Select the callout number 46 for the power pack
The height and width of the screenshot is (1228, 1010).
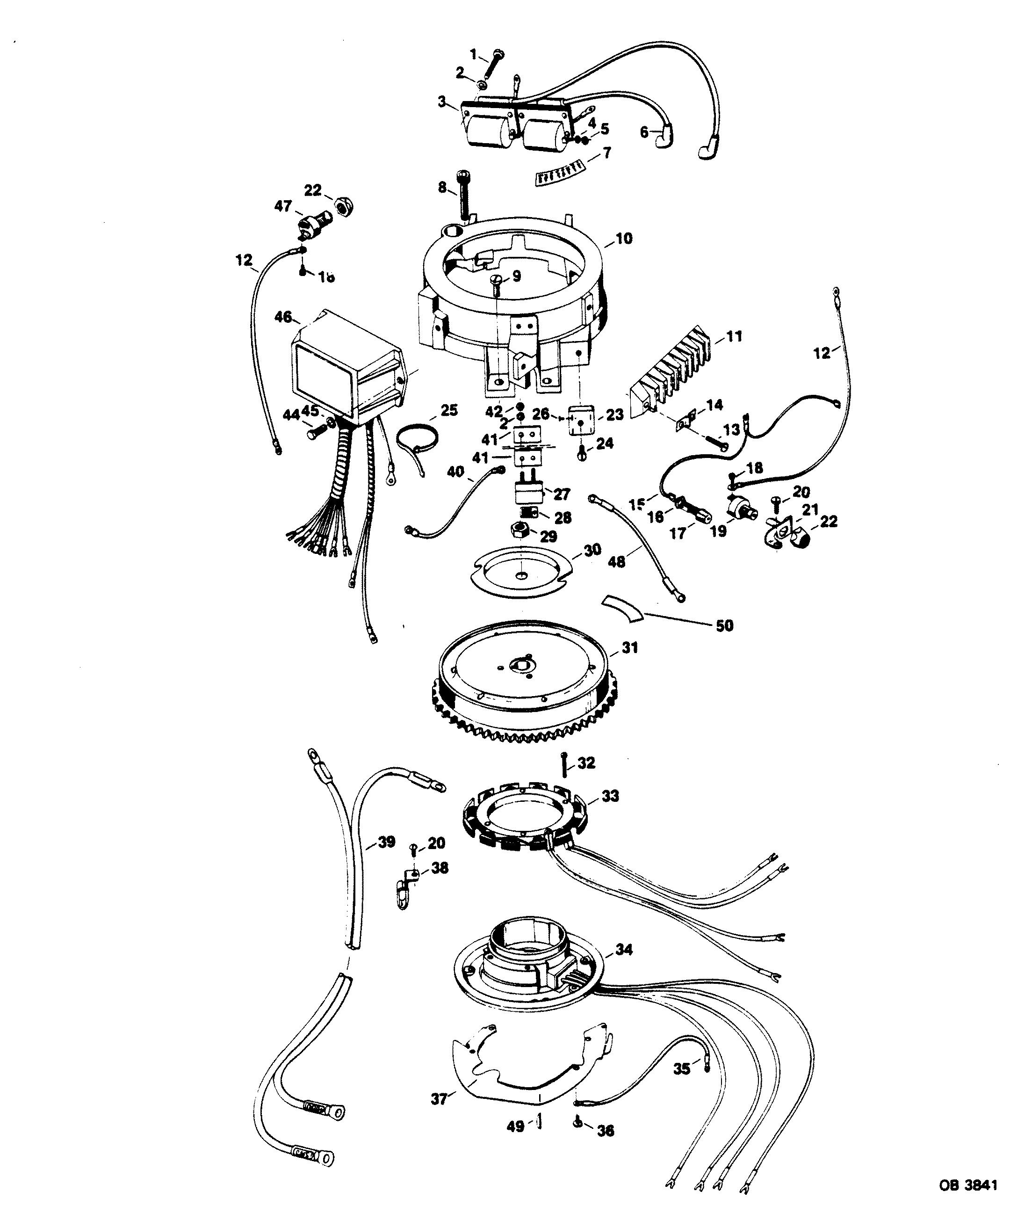tap(283, 317)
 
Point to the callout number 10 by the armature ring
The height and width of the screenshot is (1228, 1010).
tap(624, 238)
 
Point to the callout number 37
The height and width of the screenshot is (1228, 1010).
tap(439, 1098)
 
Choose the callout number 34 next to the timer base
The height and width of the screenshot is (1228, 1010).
tap(624, 949)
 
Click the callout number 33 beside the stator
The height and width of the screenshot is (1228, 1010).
tap(610, 796)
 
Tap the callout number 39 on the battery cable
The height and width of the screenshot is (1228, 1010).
tap(387, 842)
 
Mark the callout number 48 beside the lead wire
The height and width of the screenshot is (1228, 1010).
tap(617, 562)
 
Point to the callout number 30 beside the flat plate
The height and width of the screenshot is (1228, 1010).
tap(592, 551)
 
